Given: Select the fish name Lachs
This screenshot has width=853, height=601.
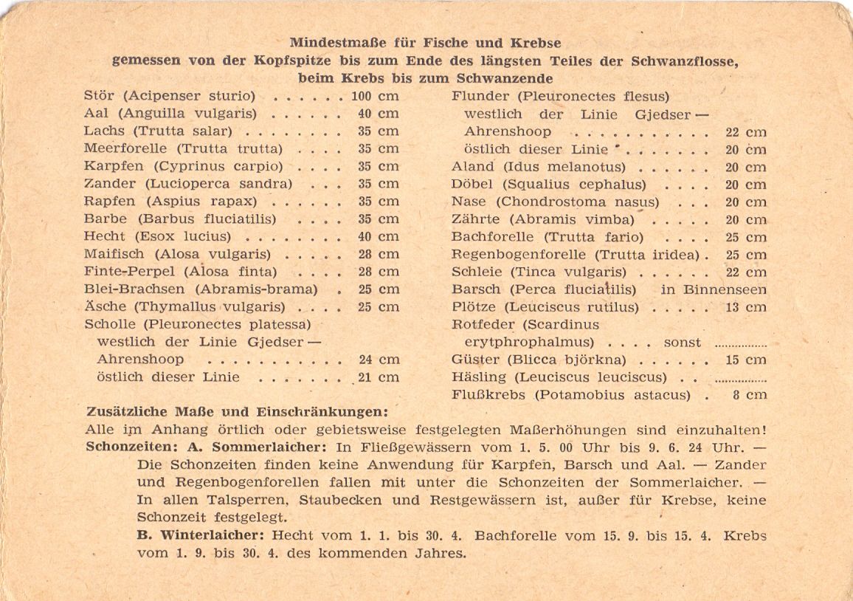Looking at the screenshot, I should coord(104,131).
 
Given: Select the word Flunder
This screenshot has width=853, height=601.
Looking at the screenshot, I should coord(478,97).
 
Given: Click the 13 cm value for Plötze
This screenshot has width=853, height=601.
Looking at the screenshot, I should coord(746,307).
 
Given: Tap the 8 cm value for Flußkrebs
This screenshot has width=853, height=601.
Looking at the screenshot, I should coord(750,395).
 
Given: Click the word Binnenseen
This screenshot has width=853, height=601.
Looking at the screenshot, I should coord(725,289).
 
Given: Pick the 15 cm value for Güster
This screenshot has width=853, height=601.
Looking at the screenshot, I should coord(746,360).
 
